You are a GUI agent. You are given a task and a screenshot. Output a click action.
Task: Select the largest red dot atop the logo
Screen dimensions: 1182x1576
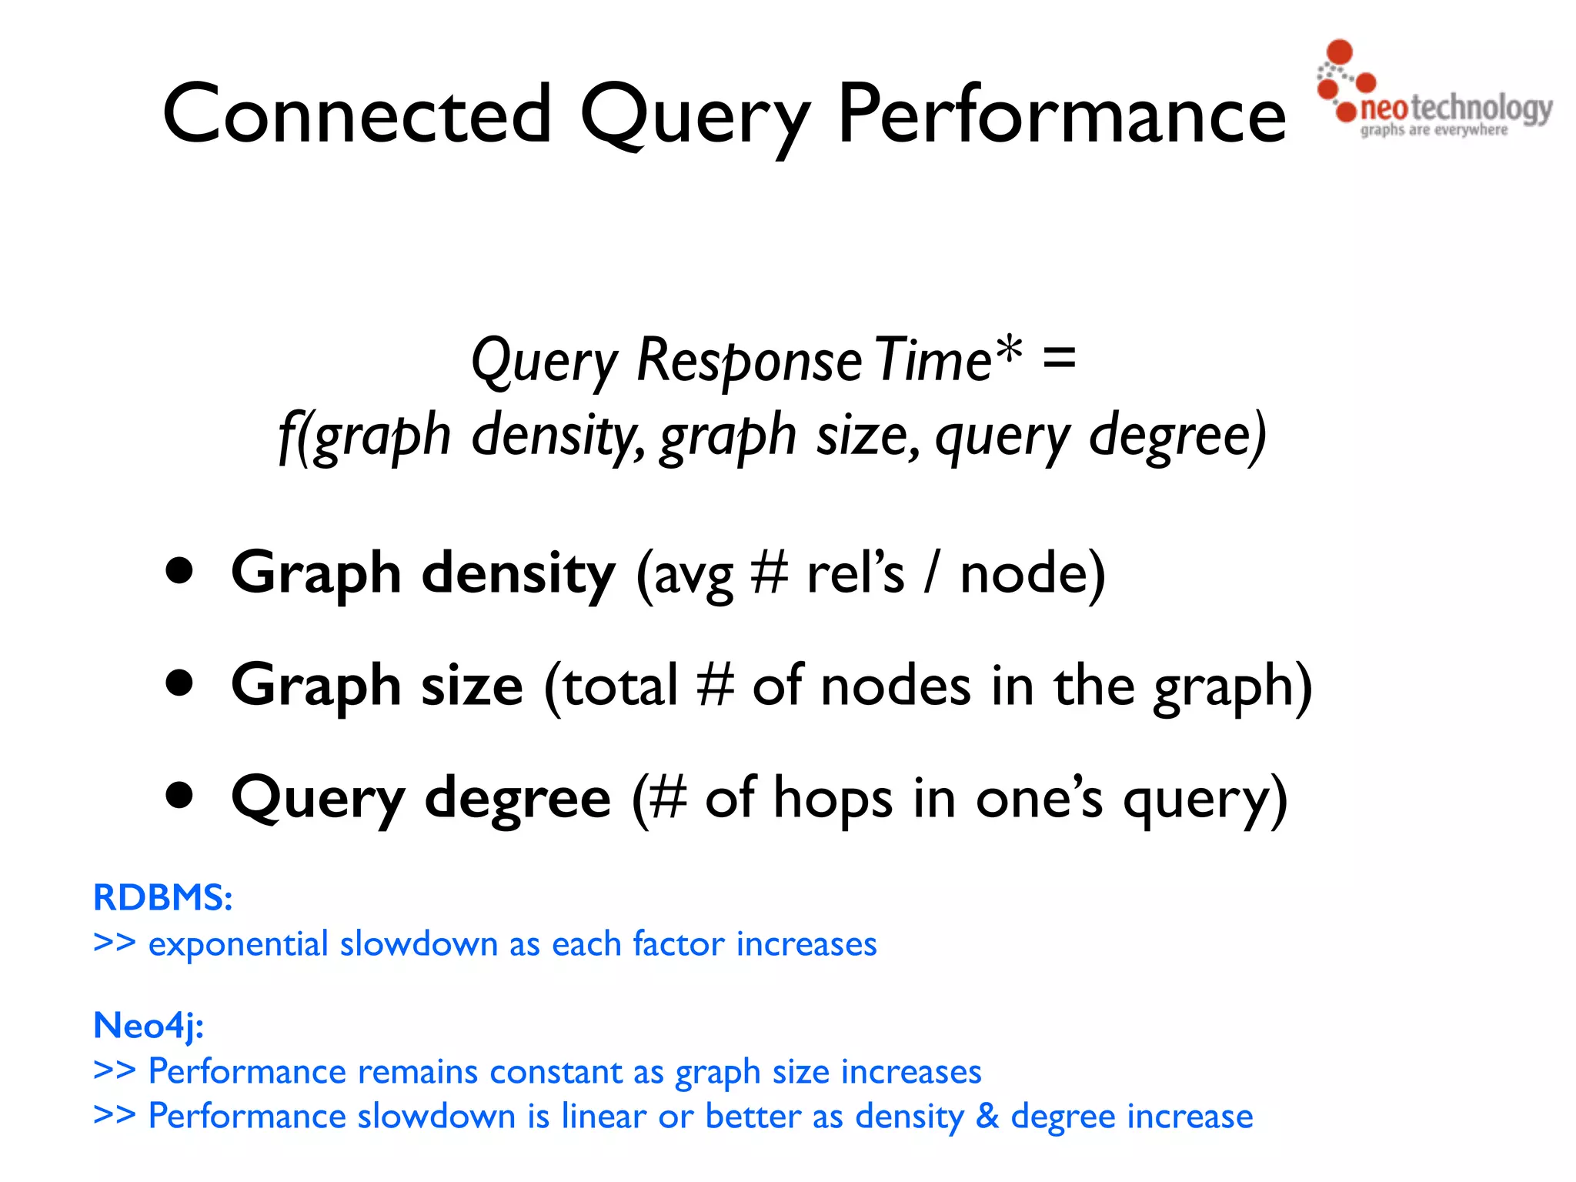coord(1340,52)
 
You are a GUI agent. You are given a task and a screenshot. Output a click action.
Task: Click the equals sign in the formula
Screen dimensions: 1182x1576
coord(1059,359)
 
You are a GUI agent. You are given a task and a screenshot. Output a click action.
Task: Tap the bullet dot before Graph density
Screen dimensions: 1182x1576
coord(179,571)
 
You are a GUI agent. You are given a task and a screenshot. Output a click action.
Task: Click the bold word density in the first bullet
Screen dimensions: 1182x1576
coord(519,573)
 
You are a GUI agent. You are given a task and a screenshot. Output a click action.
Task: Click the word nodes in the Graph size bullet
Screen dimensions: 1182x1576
coord(896,685)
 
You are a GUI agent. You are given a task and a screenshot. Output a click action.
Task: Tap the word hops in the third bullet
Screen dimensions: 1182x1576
coord(833,798)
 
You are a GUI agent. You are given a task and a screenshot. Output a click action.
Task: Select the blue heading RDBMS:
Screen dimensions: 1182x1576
coord(162,897)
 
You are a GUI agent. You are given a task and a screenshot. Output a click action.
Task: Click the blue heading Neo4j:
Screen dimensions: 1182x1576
coord(149,1025)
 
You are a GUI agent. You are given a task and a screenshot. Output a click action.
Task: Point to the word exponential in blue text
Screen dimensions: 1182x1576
coord(239,944)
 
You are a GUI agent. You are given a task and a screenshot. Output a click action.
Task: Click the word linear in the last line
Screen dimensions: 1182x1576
coord(603,1116)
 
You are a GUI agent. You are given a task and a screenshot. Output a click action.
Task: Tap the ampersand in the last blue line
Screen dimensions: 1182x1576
coord(987,1116)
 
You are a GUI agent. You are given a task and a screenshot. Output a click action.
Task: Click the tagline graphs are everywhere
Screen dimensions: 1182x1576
coord(1434,130)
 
